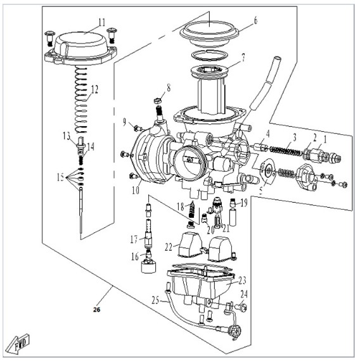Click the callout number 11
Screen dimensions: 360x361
tap(102, 22)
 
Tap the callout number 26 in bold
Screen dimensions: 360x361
tap(97, 310)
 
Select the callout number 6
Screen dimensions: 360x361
tap(255, 20)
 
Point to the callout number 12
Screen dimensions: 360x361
tap(94, 89)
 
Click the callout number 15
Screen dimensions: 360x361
tap(60, 177)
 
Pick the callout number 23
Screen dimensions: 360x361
tap(242, 280)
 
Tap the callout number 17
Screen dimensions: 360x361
tap(134, 239)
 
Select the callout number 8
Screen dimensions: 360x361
tap(169, 87)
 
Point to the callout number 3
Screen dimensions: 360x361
tap(295, 137)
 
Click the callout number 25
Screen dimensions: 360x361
tap(155, 300)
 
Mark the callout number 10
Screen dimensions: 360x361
tap(136, 190)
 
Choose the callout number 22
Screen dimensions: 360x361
tap(169, 247)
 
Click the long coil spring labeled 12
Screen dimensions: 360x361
tap(81, 100)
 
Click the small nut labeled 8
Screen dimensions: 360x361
tap(157, 100)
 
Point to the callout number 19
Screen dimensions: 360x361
tap(244, 203)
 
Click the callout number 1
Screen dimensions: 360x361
tap(325, 139)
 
